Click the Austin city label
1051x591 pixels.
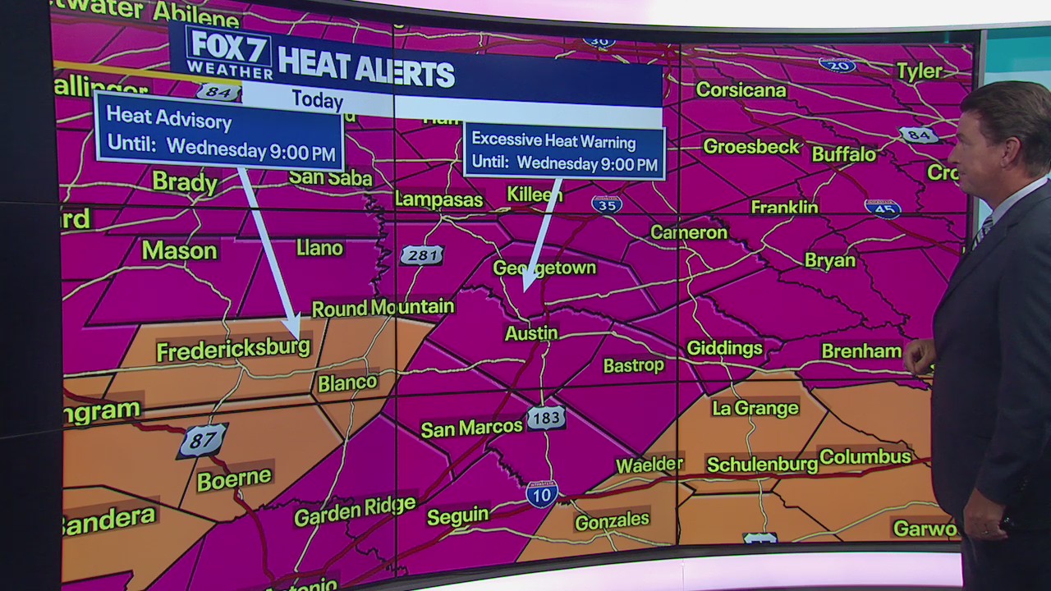pos(531,333)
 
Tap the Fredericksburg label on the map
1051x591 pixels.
pos(233,350)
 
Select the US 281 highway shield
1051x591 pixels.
pos(422,255)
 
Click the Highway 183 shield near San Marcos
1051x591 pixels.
pos(546,418)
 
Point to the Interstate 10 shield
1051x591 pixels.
pos(542,493)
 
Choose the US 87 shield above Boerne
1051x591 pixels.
pos(202,441)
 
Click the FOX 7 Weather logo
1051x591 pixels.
pos(229,53)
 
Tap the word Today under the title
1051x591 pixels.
pos(317,100)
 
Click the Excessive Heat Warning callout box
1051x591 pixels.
pos(564,151)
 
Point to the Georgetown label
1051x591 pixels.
pos(544,268)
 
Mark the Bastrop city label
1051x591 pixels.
pos(633,365)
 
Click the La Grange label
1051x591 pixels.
pos(755,408)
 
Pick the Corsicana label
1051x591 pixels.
pos(741,89)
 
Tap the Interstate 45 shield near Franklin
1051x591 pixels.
pos(883,208)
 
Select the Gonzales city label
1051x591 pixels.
pos(612,520)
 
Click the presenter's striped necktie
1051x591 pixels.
pos(981,231)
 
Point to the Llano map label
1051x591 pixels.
pos(319,248)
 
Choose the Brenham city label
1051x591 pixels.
pos(861,351)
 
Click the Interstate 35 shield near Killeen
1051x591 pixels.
pos(606,204)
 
